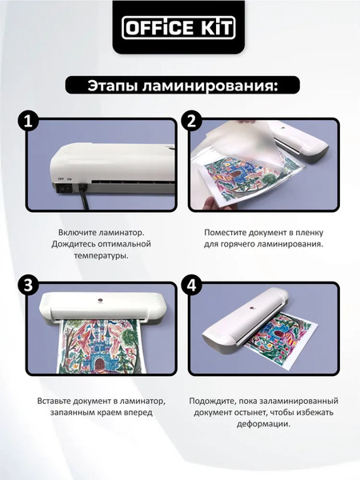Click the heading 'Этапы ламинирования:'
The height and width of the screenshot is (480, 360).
pyautogui.click(x=179, y=86)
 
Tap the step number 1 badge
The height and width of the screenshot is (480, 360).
pyautogui.click(x=29, y=122)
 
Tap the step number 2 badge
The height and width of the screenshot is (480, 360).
pyautogui.click(x=192, y=122)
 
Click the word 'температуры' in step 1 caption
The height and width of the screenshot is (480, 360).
pyautogui.click(x=100, y=256)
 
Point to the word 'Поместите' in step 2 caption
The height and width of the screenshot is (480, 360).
pyautogui.click(x=223, y=230)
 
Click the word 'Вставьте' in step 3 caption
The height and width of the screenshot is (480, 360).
pyautogui.click(x=55, y=400)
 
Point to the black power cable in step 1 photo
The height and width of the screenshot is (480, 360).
pyautogui.click(x=82, y=197)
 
